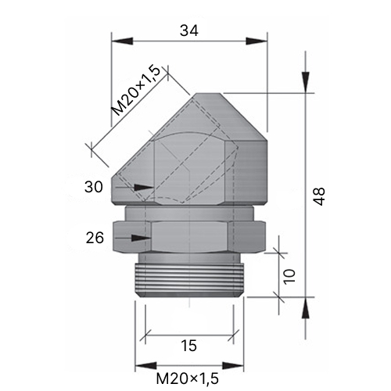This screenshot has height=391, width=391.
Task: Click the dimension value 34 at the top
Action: pos(189,30)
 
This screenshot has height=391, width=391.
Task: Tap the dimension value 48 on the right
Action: pos(319,196)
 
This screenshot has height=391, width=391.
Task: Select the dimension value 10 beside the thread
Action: pos(289,277)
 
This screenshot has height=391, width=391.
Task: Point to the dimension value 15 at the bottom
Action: pos(188,346)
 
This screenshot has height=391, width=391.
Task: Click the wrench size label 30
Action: pos(94,187)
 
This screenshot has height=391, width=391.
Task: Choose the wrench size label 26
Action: pos(95,238)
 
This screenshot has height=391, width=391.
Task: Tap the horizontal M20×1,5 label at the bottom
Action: pos(188,378)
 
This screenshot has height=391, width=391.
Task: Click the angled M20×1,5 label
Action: pos(135,91)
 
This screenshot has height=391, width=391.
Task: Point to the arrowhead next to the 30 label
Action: pos(143,187)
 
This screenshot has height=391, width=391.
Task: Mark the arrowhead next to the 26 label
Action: pos(141,238)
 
